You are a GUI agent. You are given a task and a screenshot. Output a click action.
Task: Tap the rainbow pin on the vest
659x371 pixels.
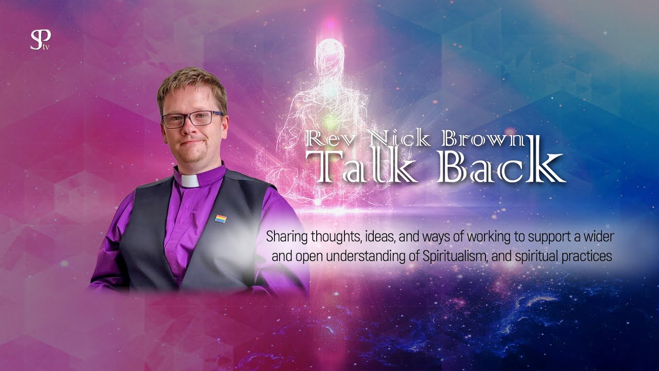(220, 219)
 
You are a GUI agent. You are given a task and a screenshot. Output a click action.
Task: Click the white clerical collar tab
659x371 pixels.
(189, 181)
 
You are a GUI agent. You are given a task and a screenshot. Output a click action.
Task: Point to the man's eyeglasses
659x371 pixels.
(192, 119)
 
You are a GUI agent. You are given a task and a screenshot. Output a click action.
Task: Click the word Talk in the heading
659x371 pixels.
(363, 167)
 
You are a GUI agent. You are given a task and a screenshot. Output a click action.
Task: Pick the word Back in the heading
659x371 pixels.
(499, 167)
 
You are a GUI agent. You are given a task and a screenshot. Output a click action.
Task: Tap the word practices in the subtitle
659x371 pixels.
(586, 256)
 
